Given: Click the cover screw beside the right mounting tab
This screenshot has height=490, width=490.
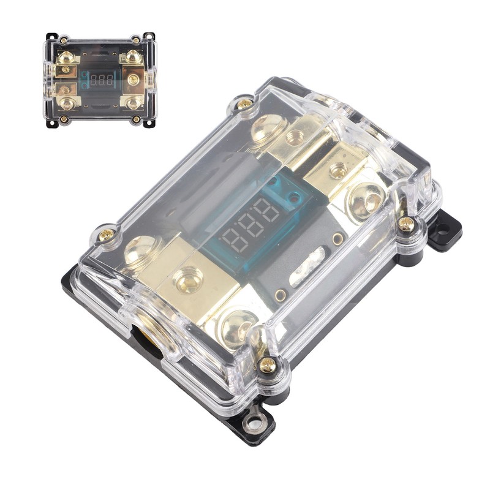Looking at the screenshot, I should coord(405,224).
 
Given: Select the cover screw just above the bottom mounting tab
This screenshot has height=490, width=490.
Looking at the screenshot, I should coord(267,365).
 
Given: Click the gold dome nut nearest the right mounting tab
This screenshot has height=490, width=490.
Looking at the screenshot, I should coord(366,200).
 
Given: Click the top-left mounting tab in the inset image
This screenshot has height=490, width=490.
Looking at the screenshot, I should coord(51,37).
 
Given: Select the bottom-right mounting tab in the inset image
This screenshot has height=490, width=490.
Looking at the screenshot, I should coord(148,122).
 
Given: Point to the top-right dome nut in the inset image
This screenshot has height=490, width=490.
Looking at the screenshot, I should coord(134,58).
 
